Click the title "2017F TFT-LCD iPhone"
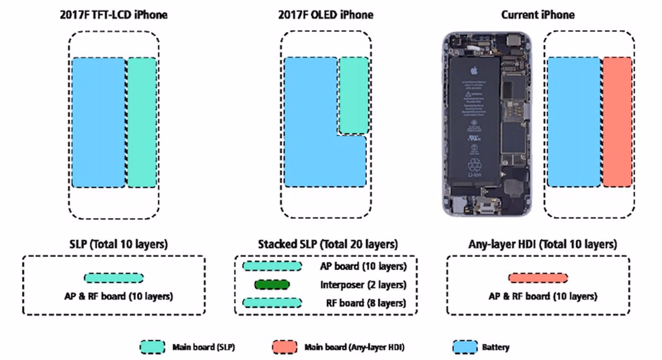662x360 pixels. [113, 15]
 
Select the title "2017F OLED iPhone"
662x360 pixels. [326, 15]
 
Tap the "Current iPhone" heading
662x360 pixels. [537, 15]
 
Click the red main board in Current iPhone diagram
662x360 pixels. [617, 122]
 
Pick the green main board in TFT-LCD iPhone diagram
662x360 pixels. [142, 122]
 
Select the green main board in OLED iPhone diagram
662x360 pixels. [354, 96]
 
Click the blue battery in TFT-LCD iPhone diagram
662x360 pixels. [98, 122]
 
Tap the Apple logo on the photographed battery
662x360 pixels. [474, 70]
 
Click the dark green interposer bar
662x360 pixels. [272, 285]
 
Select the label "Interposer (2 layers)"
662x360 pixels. [363, 285]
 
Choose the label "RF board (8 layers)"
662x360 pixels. [366, 303]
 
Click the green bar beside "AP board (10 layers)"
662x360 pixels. [272, 266]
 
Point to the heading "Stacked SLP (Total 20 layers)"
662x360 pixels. [328, 244]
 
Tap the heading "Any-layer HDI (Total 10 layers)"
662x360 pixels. [542, 244]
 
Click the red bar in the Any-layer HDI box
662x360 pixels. [538, 278]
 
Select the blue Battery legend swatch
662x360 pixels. [465, 347]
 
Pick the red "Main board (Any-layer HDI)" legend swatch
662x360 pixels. [285, 347]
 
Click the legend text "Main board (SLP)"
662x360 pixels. [204, 347]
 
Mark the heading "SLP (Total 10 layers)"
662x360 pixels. [118, 244]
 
